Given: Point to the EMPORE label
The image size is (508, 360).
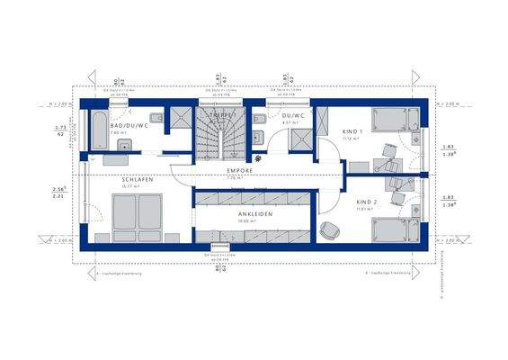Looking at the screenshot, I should [239, 170].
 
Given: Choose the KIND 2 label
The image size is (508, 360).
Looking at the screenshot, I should [364, 203].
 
